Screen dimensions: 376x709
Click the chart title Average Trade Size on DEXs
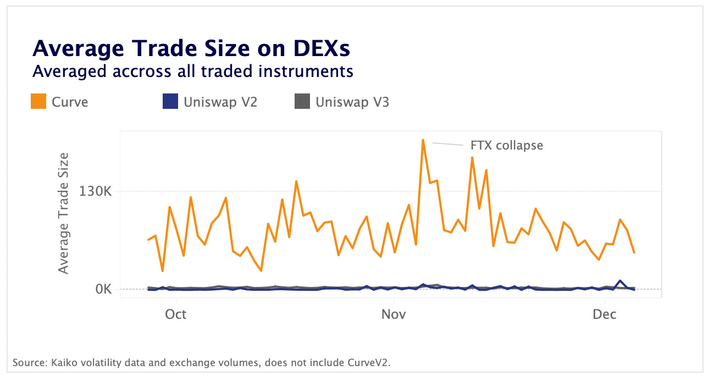click(191, 49)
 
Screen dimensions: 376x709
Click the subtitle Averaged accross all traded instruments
click(192, 71)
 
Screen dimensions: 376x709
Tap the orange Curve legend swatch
click(38, 102)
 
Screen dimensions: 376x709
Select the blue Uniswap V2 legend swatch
click(170, 102)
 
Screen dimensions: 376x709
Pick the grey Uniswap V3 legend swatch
click(302, 102)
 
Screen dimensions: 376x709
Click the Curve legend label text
click(70, 102)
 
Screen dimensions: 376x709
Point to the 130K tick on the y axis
click(96, 192)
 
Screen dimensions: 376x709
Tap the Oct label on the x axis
click(176, 314)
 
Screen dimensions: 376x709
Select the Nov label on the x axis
click(394, 314)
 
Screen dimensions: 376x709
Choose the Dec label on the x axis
click(605, 314)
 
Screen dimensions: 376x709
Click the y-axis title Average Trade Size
click(64, 213)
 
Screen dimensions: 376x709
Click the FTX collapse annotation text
click(507, 146)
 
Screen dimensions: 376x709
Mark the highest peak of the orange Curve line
click(423, 140)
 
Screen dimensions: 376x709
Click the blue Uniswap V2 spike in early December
click(620, 281)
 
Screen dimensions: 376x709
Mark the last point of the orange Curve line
click(634, 252)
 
